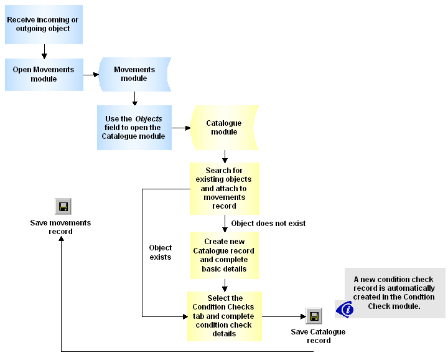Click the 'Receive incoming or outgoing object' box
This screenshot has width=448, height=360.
click(44, 25)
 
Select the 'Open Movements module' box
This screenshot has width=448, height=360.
click(44, 74)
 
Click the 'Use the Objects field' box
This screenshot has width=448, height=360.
click(134, 128)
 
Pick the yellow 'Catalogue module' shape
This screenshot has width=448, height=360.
click(224, 128)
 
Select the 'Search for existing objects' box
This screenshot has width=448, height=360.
click(224, 188)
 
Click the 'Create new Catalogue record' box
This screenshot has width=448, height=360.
click(224, 255)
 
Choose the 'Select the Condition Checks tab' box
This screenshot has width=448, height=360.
click(224, 316)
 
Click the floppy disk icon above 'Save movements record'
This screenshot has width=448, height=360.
click(62, 207)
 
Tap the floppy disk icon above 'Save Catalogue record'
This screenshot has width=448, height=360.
click(314, 316)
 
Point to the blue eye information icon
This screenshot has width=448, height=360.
click(345, 308)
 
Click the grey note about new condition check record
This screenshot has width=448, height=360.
click(394, 293)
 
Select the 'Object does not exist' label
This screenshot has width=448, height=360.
click(268, 223)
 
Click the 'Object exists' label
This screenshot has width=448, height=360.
click(161, 252)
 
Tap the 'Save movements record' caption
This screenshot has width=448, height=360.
click(61, 227)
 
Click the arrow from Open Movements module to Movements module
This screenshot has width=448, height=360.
click(91, 74)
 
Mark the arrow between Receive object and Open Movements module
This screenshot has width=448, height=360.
click(44, 52)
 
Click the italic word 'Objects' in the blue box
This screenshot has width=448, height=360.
click(149, 119)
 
